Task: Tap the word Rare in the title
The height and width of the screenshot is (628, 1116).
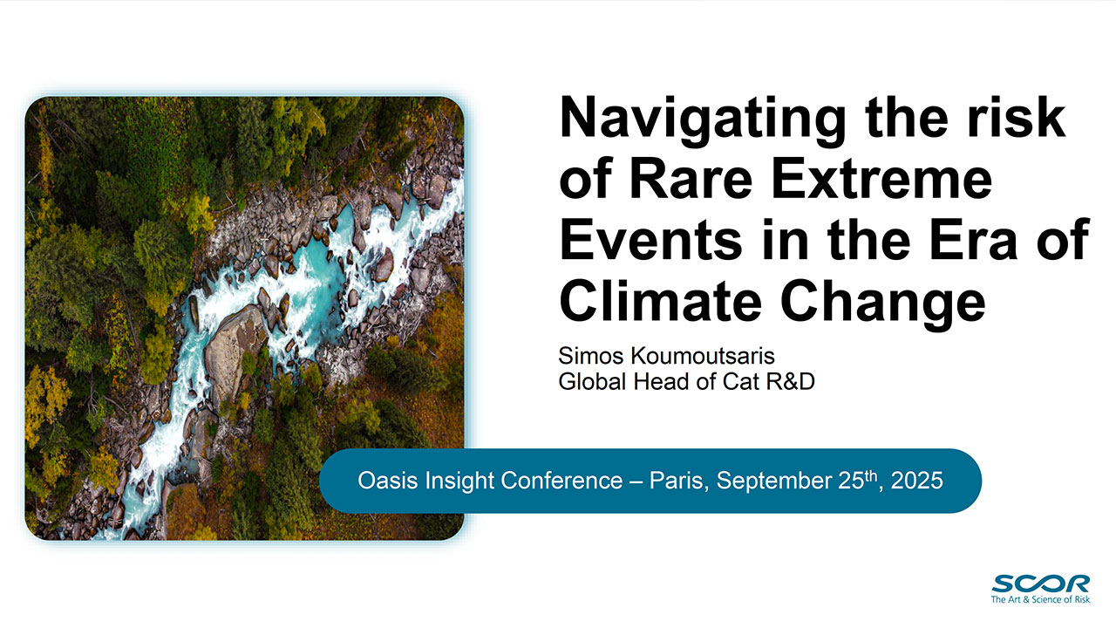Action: point(691,179)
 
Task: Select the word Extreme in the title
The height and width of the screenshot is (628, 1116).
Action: point(881,179)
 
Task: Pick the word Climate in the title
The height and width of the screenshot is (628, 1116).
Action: point(660,302)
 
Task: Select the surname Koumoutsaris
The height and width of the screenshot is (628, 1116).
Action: point(703,356)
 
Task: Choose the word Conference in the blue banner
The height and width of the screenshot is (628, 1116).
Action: point(561,481)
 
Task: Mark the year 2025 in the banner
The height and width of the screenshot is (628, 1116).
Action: point(916,481)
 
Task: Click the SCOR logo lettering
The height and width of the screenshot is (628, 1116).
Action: point(1040,584)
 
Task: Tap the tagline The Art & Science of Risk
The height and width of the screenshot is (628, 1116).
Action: point(1040,599)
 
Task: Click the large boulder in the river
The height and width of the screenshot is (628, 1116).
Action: point(235,349)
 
